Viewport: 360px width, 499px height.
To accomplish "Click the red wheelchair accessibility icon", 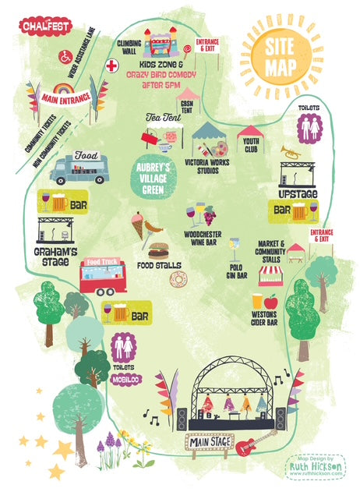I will pos(65,57).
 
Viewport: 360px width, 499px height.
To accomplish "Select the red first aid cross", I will pos(113,65).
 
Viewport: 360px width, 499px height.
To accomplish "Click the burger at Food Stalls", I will pos(159,250).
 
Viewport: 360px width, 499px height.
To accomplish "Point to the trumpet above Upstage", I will pos(291,153).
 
